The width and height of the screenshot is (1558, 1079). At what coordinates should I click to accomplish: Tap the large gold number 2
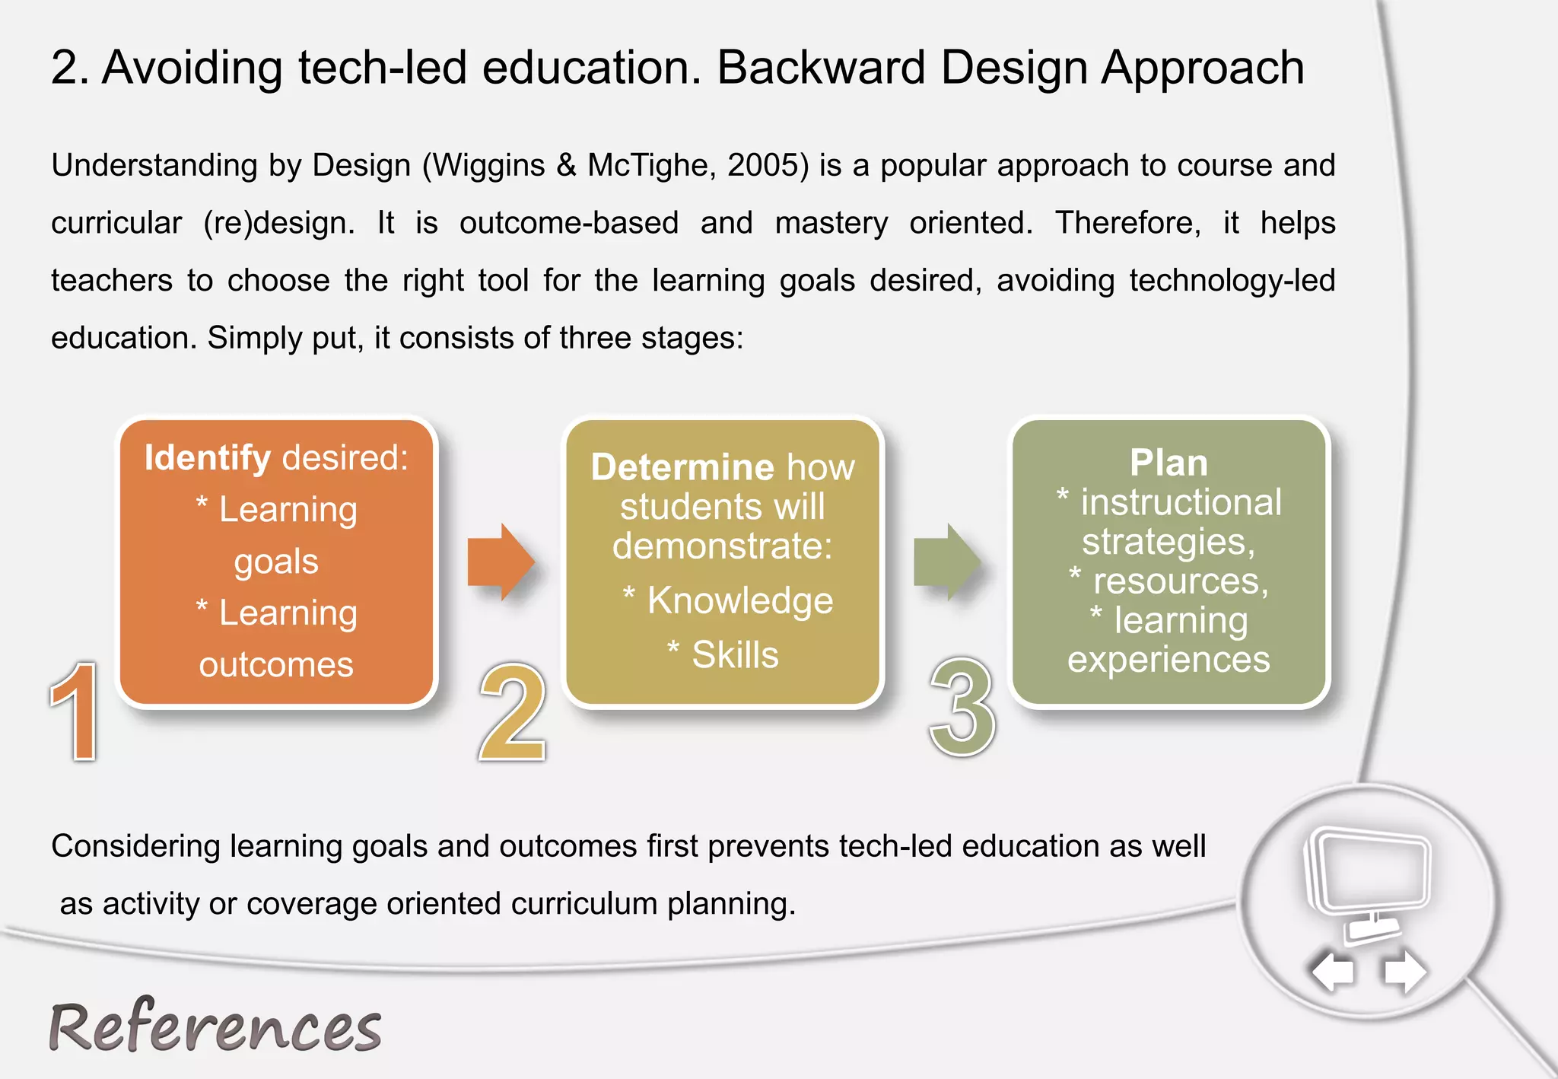tap(513, 711)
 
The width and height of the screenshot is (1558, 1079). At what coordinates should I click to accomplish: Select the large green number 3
tap(962, 708)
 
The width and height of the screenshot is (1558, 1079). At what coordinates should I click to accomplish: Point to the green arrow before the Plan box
tap(946, 562)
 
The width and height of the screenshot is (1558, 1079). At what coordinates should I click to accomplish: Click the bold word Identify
tap(208, 458)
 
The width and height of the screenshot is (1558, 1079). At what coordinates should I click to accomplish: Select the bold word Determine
tap(682, 467)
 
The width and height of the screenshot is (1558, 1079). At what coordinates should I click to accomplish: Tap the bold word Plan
tap(1168, 463)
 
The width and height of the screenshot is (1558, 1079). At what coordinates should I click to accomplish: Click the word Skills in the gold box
tap(735, 655)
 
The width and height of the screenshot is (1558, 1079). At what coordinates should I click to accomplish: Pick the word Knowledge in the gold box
tap(740, 600)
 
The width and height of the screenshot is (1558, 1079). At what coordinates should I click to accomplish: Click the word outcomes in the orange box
tap(276, 665)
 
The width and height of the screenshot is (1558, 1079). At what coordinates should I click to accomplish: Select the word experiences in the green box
tap(1168, 660)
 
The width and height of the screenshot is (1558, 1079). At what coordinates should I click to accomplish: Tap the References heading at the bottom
tap(215, 1027)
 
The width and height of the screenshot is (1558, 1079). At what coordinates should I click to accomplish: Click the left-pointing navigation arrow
tap(1334, 972)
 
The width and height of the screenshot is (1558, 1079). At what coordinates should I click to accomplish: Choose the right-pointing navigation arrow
tap(1404, 972)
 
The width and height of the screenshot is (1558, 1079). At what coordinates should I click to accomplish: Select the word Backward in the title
tap(821, 68)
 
